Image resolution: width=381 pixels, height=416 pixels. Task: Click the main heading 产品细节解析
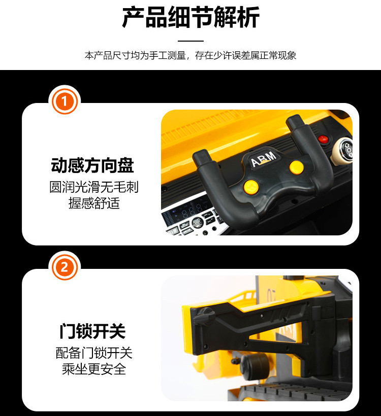pos(190,18)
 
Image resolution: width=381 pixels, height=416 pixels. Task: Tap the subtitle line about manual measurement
pos(190,55)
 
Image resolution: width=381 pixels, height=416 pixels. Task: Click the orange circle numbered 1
pos(65,101)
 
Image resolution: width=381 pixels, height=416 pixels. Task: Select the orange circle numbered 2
pos(65,267)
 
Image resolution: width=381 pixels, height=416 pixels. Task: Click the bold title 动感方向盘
pos(92,165)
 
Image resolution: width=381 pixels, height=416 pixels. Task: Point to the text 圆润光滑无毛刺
pos(94,187)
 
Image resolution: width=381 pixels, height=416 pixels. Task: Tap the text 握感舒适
pos(94,203)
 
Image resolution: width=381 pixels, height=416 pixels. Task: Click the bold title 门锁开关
pos(92,331)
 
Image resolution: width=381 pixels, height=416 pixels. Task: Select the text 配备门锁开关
pos(94,353)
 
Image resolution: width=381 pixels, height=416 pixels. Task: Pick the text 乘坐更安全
pos(94,369)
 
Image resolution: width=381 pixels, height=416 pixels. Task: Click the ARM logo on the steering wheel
pos(263,159)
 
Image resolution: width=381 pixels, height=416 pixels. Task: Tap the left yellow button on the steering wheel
pos(251,187)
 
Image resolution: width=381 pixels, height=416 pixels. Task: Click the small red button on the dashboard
pos(323,139)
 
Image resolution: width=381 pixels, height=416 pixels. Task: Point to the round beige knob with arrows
pos(343,151)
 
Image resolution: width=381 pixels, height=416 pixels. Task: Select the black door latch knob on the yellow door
pos(204,316)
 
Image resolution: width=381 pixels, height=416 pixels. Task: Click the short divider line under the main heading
pos(190,41)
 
